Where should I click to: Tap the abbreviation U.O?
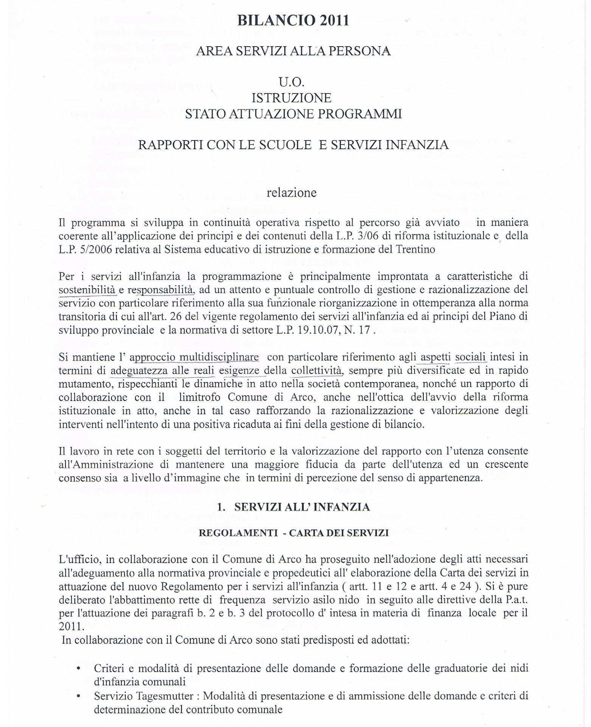click(x=291, y=82)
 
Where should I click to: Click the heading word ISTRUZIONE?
click(x=291, y=98)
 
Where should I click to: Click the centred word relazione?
click(x=291, y=193)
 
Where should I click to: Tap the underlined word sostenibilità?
click(x=87, y=290)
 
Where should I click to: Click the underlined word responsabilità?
click(x=160, y=290)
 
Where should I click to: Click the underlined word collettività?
click(x=317, y=370)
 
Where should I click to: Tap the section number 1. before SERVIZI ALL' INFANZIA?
click(x=221, y=507)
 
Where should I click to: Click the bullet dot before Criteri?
click(x=78, y=668)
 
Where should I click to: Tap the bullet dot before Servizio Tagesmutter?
click(x=78, y=696)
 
